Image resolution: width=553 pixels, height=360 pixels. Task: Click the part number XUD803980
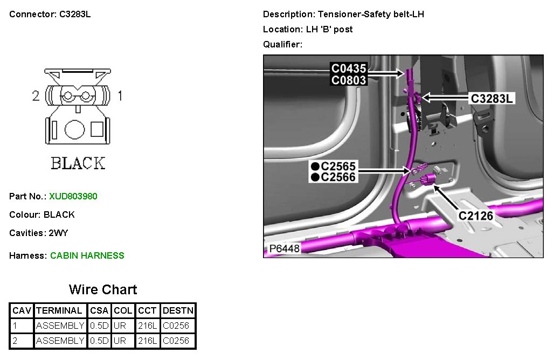tap(73, 197)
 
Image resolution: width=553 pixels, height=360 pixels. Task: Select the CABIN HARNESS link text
tap(87, 256)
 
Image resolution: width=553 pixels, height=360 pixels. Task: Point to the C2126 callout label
tap(476, 216)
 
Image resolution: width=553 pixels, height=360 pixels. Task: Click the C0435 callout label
tap(349, 68)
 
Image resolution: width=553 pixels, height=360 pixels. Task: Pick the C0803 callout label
tap(349, 80)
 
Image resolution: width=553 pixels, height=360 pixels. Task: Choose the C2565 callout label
tap(338, 167)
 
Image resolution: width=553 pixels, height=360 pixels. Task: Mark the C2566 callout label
tap(338, 177)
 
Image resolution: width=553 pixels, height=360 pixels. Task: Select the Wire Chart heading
tap(103, 289)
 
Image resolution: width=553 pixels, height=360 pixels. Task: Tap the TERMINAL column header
tap(59, 311)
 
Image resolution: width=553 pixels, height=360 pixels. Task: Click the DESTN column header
tap(178, 311)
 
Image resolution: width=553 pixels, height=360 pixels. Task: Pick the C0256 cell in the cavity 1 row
tap(176, 326)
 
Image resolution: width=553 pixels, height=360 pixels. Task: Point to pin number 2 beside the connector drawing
tap(36, 96)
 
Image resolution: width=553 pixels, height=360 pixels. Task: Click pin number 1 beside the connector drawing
tap(120, 96)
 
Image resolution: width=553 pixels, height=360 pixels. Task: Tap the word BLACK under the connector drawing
tap(78, 163)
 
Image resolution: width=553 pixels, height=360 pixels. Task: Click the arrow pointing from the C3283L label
tap(442, 98)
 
